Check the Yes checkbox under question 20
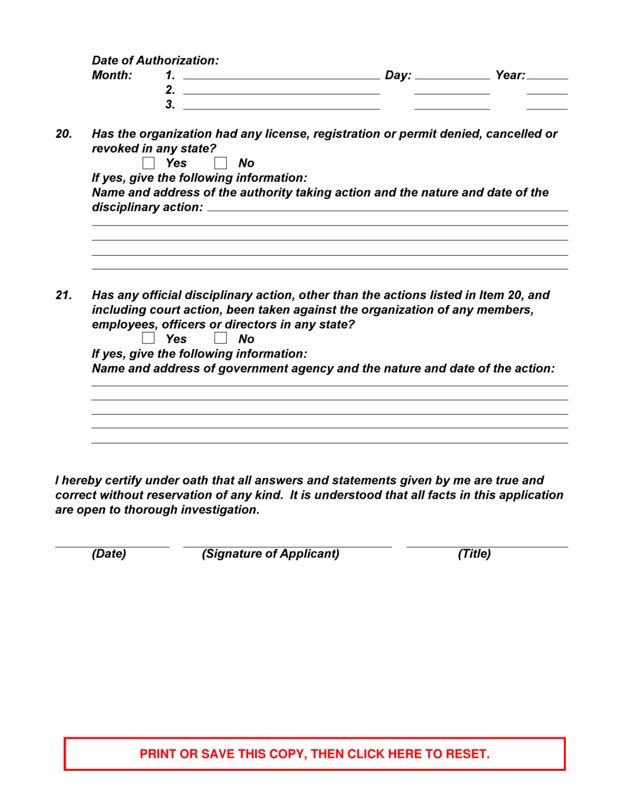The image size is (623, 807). click(x=148, y=163)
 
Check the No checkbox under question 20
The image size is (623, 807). click(x=220, y=163)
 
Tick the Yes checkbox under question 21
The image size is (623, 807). click(x=148, y=339)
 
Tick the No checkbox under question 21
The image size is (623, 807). click(x=220, y=339)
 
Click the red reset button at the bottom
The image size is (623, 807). click(x=315, y=754)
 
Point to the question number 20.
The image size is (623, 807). click(x=63, y=134)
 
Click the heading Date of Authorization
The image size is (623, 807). click(x=155, y=60)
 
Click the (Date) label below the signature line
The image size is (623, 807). click(x=109, y=554)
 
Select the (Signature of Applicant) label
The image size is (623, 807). click(x=271, y=554)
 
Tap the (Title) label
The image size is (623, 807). click(x=474, y=554)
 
